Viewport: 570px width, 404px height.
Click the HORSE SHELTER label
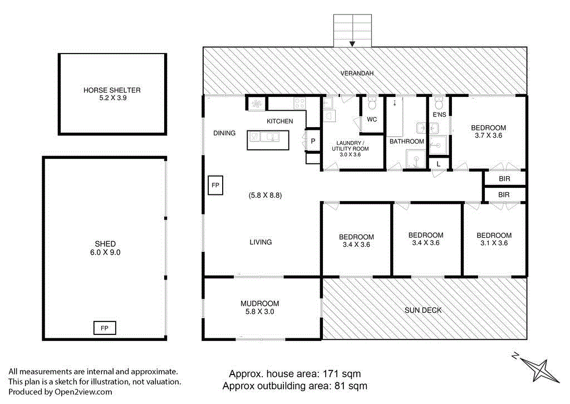tap(112, 90)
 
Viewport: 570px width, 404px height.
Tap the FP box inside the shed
tap(105, 328)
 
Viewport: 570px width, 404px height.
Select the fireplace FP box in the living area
tap(215, 185)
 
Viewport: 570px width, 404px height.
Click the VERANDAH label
tap(357, 73)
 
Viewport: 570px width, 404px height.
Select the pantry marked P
tap(313, 141)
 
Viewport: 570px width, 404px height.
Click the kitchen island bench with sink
tap(268, 140)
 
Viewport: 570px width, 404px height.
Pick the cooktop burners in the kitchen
tap(299, 103)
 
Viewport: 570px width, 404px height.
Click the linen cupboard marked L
tap(439, 164)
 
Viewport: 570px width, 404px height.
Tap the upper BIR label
tap(504, 179)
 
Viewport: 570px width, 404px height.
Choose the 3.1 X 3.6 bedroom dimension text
tap(494, 243)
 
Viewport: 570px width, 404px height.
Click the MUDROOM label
tap(259, 304)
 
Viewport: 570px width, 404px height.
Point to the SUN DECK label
tap(423, 310)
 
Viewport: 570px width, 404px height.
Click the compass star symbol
tap(539, 369)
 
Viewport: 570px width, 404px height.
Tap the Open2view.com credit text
tap(83, 392)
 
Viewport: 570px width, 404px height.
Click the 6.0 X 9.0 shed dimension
tap(105, 252)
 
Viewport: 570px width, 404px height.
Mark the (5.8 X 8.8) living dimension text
tap(266, 195)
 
